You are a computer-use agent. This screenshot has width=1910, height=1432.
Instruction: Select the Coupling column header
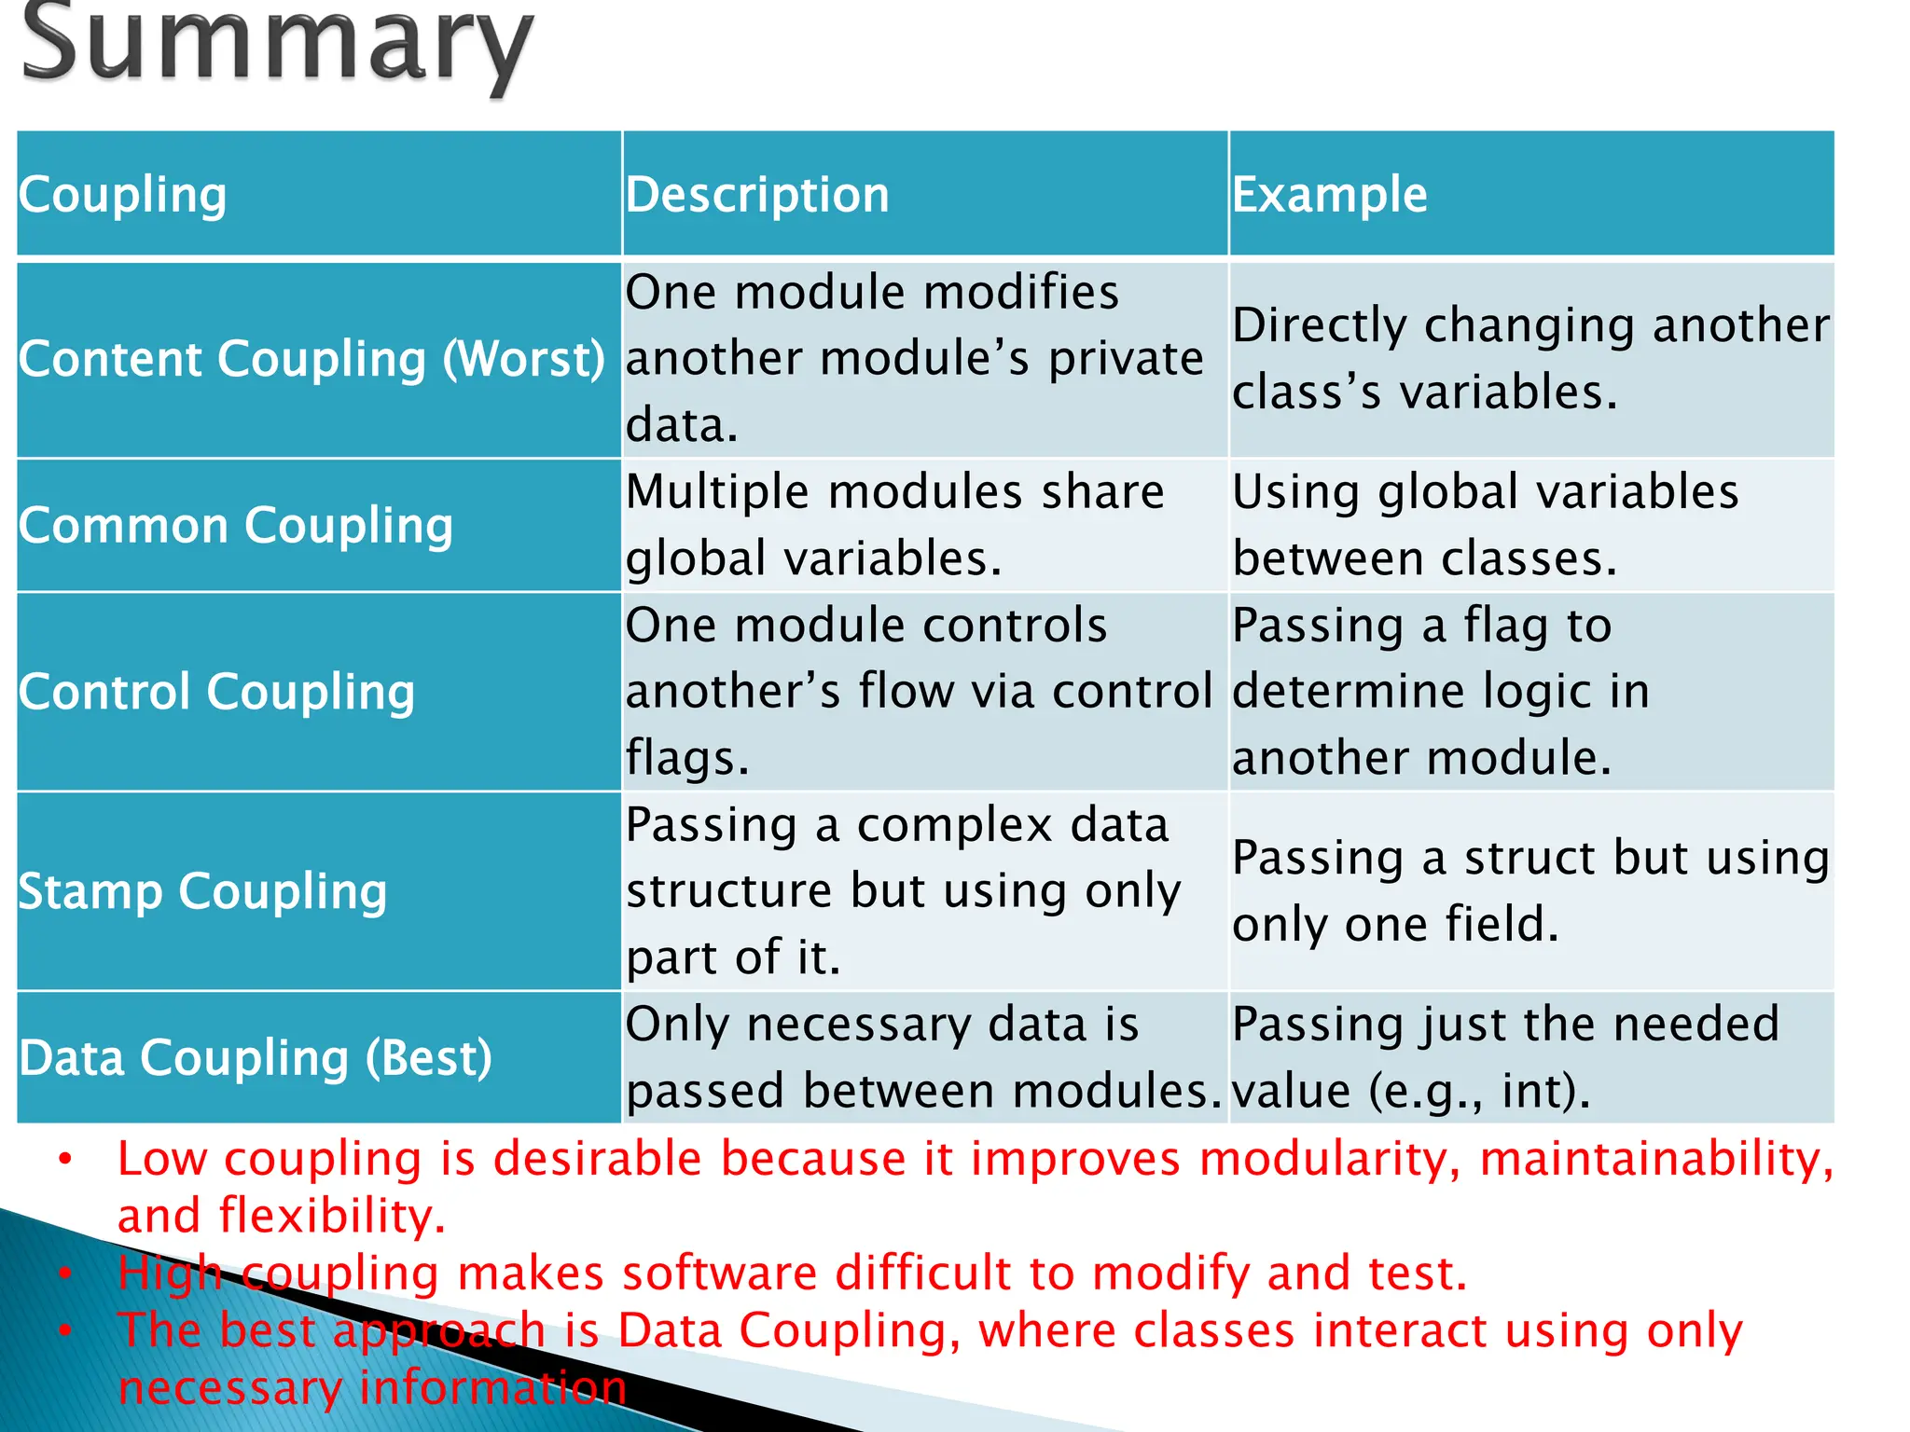pyautogui.click(x=123, y=195)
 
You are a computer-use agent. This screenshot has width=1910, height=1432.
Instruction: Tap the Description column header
pyautogui.click(x=757, y=195)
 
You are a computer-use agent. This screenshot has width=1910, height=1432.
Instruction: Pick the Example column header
pyautogui.click(x=1329, y=195)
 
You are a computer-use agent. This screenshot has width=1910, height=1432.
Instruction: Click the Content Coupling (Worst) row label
pyautogui.click(x=311, y=359)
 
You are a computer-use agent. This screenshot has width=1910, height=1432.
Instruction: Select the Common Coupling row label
pyautogui.click(x=236, y=525)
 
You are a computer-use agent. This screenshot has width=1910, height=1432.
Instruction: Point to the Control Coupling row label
pyautogui.click(x=216, y=692)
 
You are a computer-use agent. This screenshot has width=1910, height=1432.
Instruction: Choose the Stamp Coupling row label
pyautogui.click(x=202, y=891)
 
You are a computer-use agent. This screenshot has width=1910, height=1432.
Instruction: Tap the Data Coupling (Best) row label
pyautogui.click(x=255, y=1058)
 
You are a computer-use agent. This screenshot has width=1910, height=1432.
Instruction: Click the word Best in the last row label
pyautogui.click(x=428, y=1058)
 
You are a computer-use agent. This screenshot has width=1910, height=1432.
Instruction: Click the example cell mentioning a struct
pyautogui.click(x=1529, y=890)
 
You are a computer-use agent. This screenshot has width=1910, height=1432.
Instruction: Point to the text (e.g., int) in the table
pyautogui.click(x=1479, y=1091)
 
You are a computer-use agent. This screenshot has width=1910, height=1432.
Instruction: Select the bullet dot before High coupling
pyautogui.click(x=64, y=1273)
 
